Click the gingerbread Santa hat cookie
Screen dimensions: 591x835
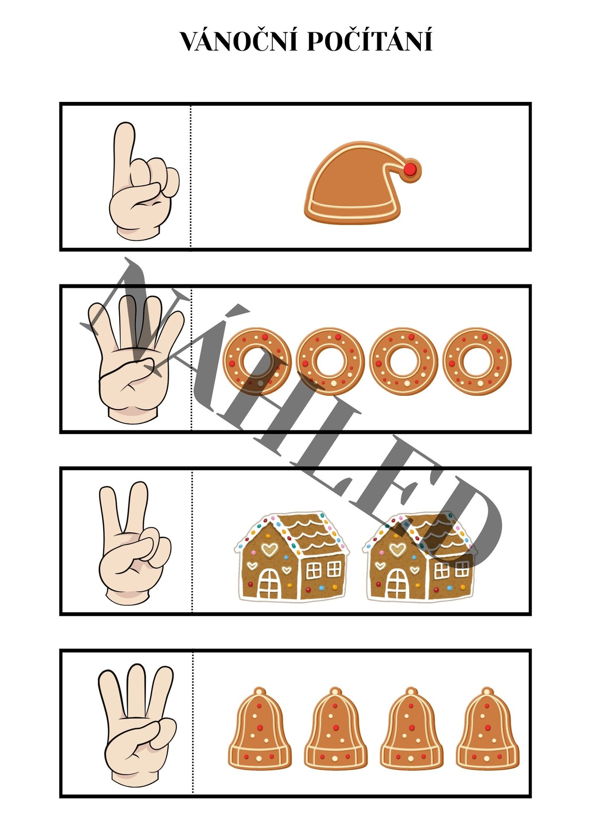[362, 182]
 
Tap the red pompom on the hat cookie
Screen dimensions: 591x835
[410, 169]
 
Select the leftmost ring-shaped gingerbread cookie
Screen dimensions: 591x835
[257, 362]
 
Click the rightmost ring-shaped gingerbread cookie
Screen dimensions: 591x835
[477, 362]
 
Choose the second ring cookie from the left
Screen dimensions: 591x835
[330, 362]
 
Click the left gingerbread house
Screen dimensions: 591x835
[292, 557]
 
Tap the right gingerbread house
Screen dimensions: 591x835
[420, 557]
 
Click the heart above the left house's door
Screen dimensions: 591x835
[269, 549]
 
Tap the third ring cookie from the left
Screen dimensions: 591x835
[404, 362]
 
